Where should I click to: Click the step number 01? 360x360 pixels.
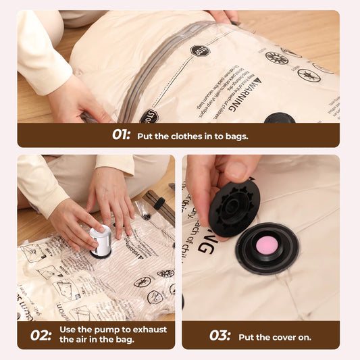click(121, 134)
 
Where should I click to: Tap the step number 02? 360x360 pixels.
click(41, 334)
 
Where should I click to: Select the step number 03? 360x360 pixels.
click(219, 335)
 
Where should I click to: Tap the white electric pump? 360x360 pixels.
click(101, 240)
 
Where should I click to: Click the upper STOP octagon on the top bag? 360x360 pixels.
click(199, 51)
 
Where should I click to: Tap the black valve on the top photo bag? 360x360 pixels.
click(279, 118)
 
